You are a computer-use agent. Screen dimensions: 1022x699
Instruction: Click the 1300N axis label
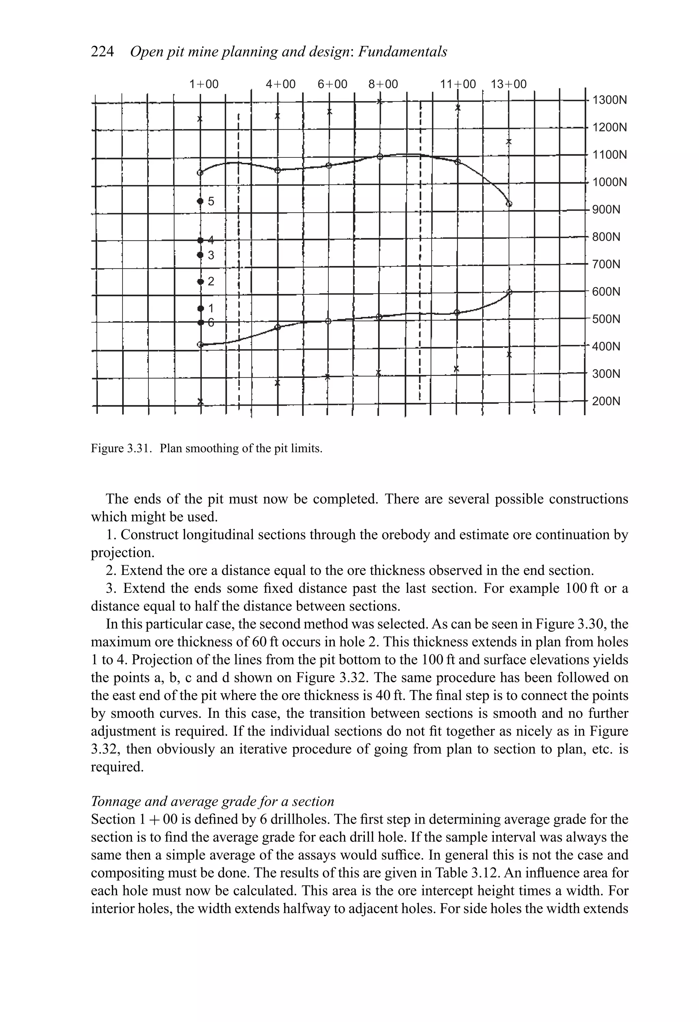coord(609,100)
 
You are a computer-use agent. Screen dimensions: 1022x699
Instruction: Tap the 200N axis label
coord(606,401)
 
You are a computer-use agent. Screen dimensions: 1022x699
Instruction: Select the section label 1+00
coord(203,84)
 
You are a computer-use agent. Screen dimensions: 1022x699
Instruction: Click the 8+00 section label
coord(383,84)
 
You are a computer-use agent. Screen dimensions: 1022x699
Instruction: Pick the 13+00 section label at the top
coord(508,84)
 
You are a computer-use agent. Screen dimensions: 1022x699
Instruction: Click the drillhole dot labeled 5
coord(200,201)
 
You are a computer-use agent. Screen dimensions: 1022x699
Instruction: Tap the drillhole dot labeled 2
coord(200,281)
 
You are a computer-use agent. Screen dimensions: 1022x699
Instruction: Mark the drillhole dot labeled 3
coord(200,255)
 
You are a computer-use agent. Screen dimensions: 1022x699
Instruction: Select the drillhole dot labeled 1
coord(200,308)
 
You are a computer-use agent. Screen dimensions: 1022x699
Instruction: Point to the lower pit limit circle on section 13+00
coord(510,292)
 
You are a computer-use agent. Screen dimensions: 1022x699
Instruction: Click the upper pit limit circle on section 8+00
coord(380,156)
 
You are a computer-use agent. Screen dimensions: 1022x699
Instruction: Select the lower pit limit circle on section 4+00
coord(277,327)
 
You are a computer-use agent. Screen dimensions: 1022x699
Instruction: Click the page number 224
coord(102,52)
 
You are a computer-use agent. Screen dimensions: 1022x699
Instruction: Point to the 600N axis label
coord(606,292)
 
